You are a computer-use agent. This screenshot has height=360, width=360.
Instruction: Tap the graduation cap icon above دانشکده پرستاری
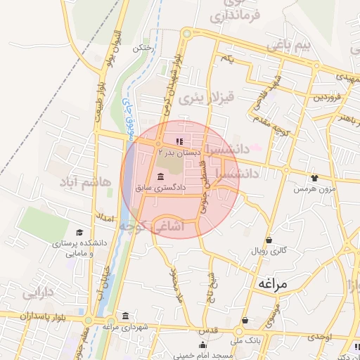click(x=79, y=233)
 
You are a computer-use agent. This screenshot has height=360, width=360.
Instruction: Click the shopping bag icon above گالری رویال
click(x=269, y=240)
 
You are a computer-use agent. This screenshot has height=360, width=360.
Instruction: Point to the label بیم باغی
click(x=288, y=46)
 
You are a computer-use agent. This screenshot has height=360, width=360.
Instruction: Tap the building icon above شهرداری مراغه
click(x=125, y=315)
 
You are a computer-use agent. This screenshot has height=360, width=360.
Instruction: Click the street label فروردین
click(x=327, y=96)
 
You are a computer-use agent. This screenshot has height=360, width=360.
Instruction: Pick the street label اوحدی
click(x=320, y=337)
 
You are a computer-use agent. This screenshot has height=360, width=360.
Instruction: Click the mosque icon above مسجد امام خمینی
click(x=203, y=345)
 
